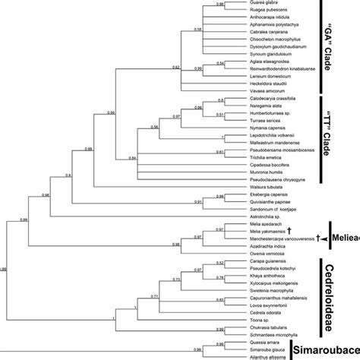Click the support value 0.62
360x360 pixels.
177,68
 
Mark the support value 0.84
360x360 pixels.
132,157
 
